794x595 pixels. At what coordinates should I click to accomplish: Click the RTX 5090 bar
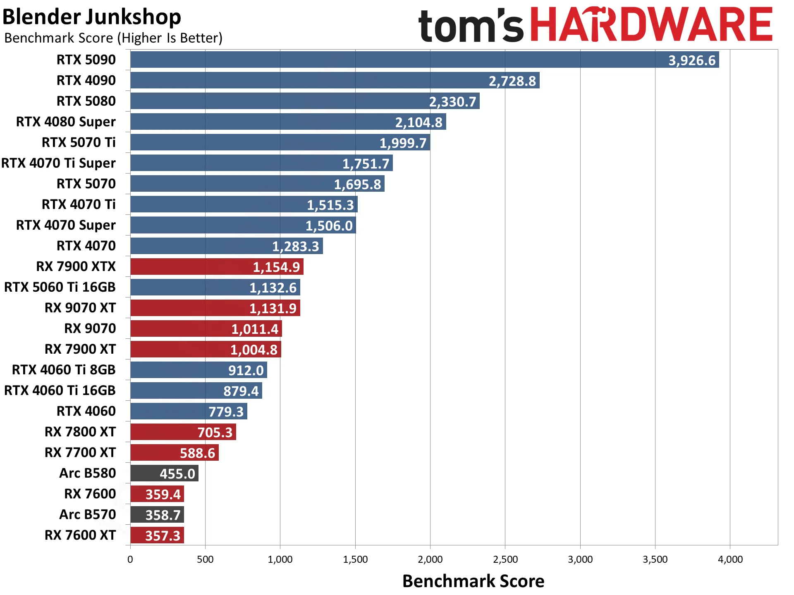point(425,59)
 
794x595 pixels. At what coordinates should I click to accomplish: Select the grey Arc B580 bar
point(165,473)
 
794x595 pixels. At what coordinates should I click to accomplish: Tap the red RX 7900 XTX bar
point(217,267)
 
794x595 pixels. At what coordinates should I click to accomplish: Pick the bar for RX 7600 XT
point(157,535)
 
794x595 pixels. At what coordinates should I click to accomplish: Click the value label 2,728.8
point(512,81)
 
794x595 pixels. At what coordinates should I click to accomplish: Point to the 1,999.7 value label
point(403,143)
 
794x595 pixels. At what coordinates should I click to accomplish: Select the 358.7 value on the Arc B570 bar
point(163,515)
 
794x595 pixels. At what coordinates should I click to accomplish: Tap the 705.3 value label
point(215,433)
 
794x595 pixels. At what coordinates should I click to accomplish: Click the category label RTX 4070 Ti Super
point(58,163)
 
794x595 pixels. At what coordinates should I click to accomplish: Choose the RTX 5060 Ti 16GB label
point(60,287)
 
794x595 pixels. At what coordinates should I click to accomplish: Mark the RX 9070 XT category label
point(80,308)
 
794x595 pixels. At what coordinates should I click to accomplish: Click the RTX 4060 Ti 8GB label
point(64,370)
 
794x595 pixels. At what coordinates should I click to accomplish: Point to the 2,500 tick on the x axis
point(505,559)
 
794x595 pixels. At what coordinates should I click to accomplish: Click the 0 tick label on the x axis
point(130,559)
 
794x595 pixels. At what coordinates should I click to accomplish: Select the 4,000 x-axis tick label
point(730,559)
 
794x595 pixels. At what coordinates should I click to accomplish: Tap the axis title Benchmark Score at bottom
point(473,581)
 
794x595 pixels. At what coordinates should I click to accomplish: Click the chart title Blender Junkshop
point(92,17)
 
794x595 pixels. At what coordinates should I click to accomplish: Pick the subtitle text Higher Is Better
point(170,38)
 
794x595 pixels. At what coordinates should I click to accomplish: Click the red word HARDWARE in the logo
point(651,25)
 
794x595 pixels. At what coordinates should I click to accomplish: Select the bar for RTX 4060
point(189,411)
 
